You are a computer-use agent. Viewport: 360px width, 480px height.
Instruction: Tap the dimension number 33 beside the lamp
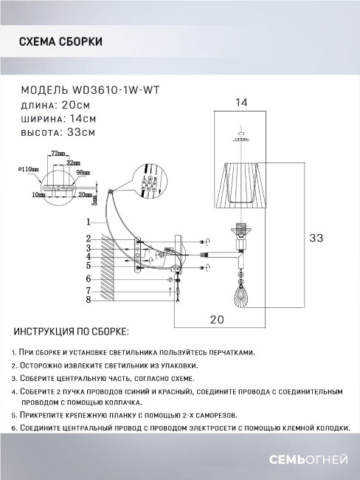click(315, 238)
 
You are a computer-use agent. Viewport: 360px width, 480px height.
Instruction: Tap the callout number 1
click(87, 222)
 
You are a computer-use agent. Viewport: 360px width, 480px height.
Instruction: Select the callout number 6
click(87, 278)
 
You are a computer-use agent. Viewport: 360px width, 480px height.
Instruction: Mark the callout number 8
click(87, 299)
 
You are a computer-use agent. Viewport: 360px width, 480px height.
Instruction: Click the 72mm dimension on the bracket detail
click(56, 153)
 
